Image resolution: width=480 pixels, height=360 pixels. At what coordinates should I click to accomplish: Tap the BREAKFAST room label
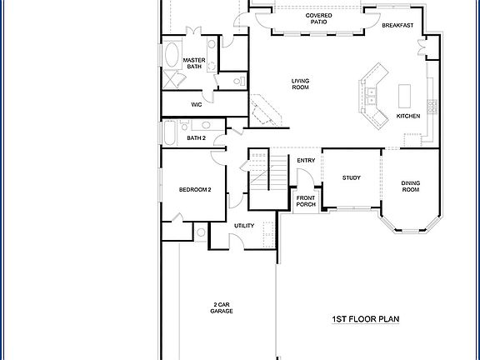[x=397, y=26]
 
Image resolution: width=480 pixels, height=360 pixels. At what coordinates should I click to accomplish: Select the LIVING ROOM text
[x=300, y=84]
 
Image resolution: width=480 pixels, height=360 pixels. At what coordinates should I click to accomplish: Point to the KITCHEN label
[x=407, y=116]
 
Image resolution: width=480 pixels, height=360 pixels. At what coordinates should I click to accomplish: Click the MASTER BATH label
[x=194, y=63]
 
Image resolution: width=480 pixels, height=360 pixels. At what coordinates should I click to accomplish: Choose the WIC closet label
[x=197, y=105]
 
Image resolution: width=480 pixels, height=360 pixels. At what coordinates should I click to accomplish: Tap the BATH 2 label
[x=196, y=137]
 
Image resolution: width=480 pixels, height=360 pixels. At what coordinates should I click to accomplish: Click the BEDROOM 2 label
[x=195, y=190]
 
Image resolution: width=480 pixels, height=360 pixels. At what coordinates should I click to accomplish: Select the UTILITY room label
[x=243, y=226]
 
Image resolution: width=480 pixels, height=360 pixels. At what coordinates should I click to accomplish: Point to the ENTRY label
[x=305, y=161]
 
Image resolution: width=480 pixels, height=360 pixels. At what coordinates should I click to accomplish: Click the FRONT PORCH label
[x=306, y=201]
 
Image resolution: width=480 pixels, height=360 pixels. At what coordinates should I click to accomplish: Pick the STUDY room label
[x=351, y=177]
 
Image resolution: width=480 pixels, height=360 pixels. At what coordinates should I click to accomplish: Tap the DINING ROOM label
[x=410, y=187]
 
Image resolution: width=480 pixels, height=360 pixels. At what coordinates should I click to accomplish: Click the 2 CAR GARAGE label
[x=221, y=308]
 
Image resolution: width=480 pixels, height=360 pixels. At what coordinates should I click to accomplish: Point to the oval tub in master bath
[x=172, y=57]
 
